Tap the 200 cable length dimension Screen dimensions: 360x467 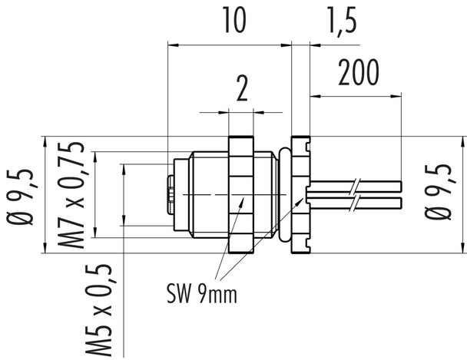[x=359, y=74]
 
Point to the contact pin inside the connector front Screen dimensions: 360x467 [x=170, y=195]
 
